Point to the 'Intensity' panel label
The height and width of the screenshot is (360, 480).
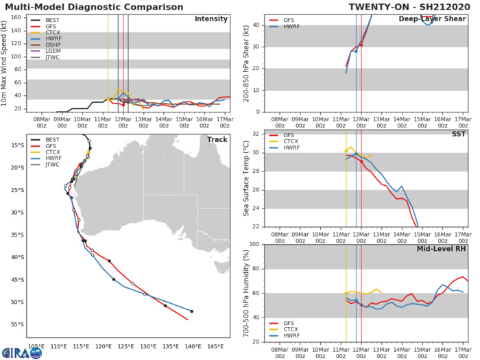[x=212, y=19]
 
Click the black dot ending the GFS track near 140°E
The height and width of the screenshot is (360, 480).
[x=191, y=311]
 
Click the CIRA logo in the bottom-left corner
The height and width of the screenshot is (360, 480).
[x=21, y=352]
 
